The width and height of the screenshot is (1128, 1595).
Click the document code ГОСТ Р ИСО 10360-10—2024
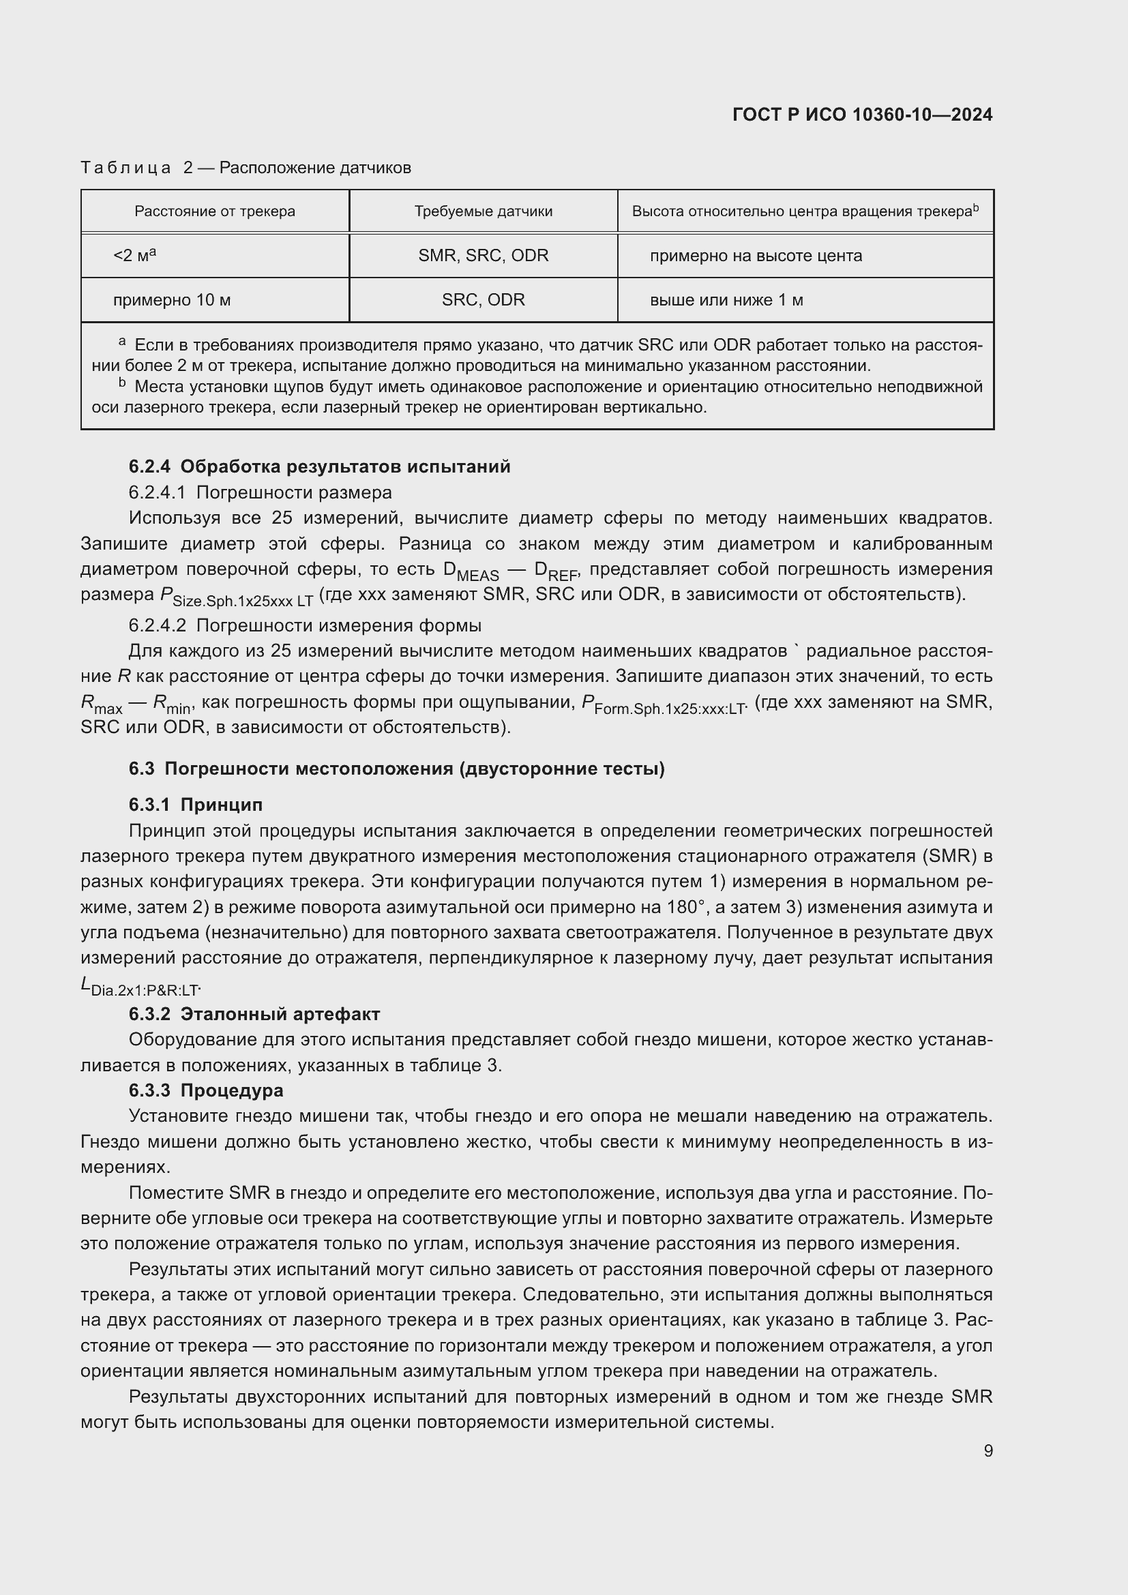[862, 115]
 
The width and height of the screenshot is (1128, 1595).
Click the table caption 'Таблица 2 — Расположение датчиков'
[246, 168]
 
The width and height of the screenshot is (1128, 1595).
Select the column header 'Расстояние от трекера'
[215, 211]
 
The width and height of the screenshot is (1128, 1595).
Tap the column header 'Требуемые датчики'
[484, 211]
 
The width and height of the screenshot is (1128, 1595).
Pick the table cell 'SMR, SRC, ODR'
[484, 256]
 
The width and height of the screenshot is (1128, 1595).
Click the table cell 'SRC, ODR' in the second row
[484, 300]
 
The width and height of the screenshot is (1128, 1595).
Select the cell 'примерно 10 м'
[172, 300]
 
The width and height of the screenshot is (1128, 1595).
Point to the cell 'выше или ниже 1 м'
[726, 300]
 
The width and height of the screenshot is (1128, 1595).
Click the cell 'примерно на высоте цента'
[756, 256]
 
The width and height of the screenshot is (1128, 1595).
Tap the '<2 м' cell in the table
[134, 256]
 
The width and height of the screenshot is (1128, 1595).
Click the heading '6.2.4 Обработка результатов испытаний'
[319, 466]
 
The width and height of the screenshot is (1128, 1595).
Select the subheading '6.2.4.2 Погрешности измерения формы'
[305, 625]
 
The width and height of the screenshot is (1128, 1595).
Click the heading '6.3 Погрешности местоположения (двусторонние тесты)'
[397, 769]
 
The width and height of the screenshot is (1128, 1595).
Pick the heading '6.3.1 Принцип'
[196, 805]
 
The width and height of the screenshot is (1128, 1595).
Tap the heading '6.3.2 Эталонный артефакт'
[254, 1013]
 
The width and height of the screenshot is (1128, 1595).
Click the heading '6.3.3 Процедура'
[206, 1090]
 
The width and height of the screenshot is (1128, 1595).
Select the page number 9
[988, 1450]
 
